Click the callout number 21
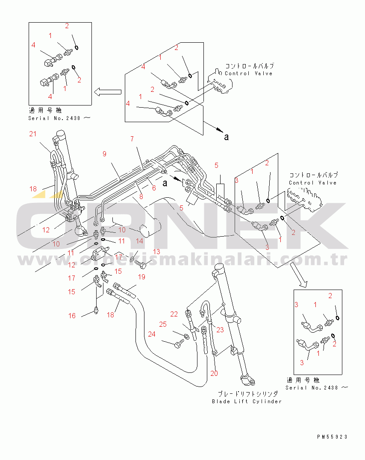(x=33, y=134)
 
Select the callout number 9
(x=104, y=154)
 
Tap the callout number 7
(x=132, y=139)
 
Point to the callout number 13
(x=156, y=252)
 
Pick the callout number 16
(x=72, y=316)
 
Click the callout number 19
(x=141, y=277)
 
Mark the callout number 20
(x=214, y=373)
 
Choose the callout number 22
(x=174, y=314)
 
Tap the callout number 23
(x=220, y=329)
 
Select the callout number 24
(x=152, y=334)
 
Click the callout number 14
(x=139, y=241)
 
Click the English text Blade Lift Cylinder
(x=247, y=401)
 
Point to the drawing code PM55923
(x=332, y=437)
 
